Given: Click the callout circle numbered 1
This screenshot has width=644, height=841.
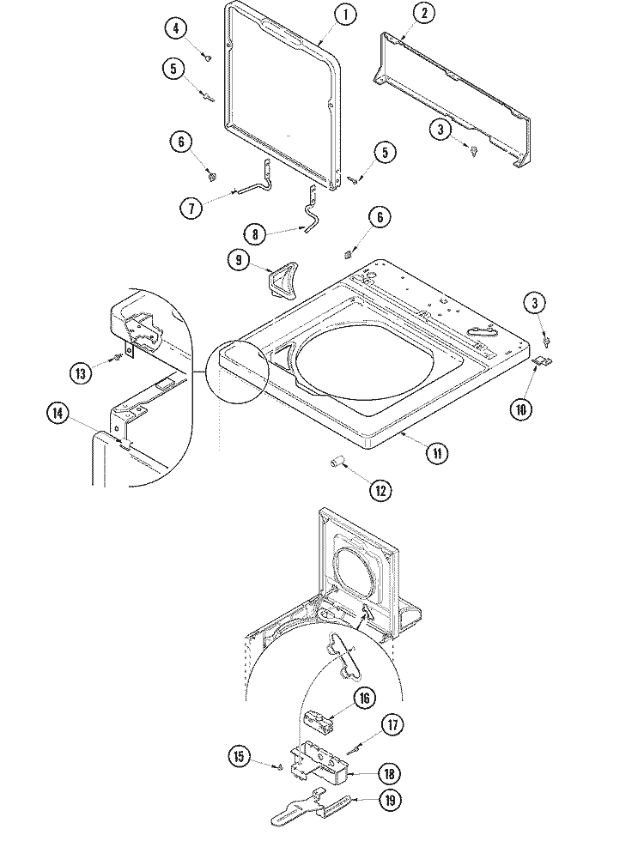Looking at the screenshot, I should point(344,15).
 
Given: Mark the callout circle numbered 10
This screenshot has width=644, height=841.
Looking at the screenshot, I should point(519,409).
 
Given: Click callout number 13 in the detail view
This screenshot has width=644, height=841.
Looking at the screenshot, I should point(82,372).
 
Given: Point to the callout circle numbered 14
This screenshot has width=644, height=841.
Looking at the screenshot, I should point(58,414).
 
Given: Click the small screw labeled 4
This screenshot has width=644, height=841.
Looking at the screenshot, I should point(208,57).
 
